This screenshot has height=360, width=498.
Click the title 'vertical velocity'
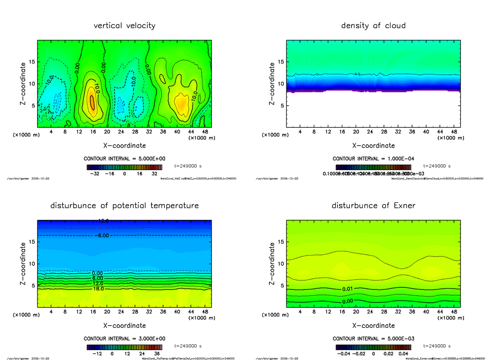point(124,26)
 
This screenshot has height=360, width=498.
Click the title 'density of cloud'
point(373,26)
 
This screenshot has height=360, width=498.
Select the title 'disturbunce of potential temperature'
point(124,206)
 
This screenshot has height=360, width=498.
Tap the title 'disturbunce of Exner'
point(373,206)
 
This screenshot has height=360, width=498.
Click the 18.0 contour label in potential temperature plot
point(98,289)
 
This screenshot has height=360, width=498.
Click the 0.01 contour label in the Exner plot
point(348,289)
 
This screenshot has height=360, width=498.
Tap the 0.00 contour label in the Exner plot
point(348,301)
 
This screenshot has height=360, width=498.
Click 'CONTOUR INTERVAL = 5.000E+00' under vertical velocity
point(124,159)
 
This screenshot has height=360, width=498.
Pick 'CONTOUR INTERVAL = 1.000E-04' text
point(373,159)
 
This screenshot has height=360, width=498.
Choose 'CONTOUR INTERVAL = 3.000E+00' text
point(124,338)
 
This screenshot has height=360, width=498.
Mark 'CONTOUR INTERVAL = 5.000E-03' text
point(373,338)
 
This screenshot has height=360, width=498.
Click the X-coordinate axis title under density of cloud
point(373,146)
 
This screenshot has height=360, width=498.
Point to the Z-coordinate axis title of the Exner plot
point(272,264)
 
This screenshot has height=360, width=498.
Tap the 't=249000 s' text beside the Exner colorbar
point(437,345)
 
